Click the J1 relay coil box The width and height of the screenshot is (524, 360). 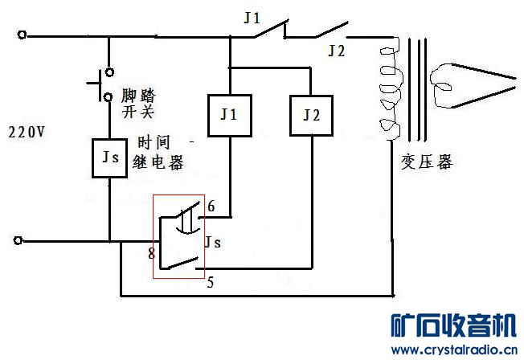coord(230,116)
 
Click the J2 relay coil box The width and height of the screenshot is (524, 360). coord(311,116)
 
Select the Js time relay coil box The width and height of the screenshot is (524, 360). coord(110,156)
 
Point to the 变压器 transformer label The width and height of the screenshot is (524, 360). coord(427,162)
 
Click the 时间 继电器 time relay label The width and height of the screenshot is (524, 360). coord(160,153)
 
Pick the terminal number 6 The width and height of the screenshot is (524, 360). coord(211,207)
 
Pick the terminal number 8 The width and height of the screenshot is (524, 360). coord(150,254)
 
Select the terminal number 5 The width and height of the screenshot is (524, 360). coord(211,282)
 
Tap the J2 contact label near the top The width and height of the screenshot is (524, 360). coord(337,51)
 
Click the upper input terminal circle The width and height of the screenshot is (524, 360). coord(22,35)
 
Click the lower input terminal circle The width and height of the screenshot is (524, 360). coord(22,240)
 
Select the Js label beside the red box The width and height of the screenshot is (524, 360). coord(213,240)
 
